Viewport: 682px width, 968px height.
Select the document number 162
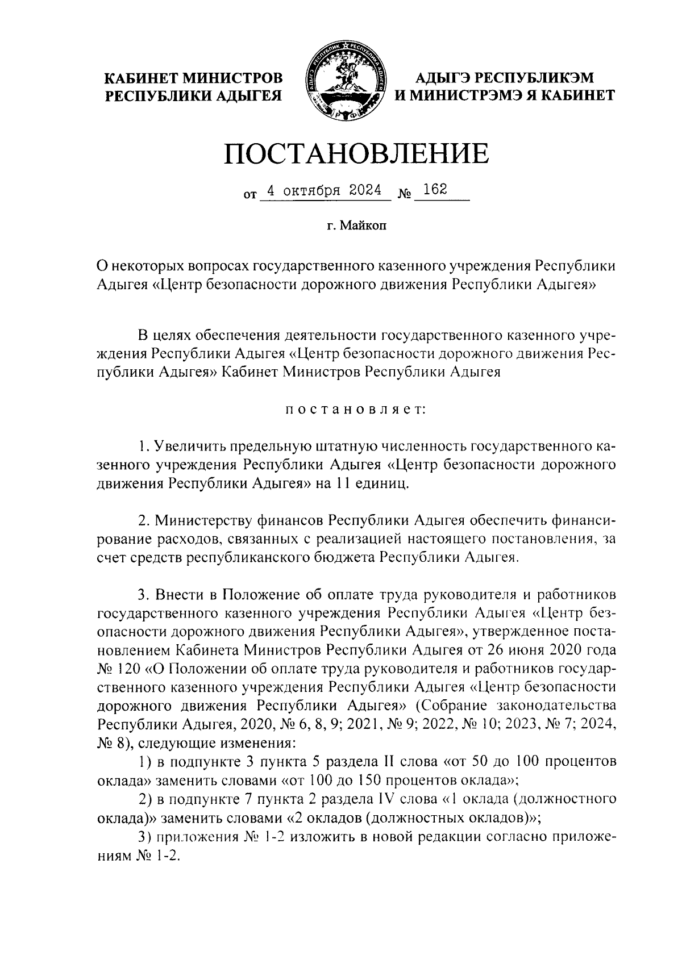pyautogui.click(x=435, y=190)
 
